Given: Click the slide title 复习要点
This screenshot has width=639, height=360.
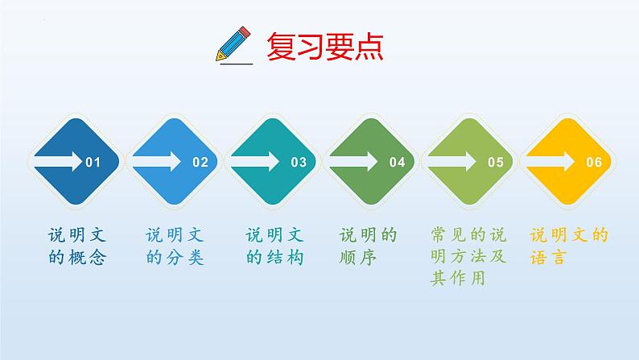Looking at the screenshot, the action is pos(325,46).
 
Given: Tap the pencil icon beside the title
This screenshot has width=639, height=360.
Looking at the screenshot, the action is pos(233,44).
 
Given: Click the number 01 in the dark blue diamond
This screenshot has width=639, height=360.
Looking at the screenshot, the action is pos(93,162).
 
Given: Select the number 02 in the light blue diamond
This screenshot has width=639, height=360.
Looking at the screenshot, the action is pos(200,162).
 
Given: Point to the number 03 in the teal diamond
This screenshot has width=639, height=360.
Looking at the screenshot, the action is pos(299,162).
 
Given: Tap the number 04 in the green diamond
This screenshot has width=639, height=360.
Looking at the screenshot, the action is pos(398,162).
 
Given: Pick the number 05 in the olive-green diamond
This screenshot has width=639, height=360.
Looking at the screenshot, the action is pos(496,162).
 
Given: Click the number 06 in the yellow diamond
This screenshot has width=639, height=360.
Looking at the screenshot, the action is pos(594,162).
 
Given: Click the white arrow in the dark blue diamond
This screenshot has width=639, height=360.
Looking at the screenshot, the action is pos(58,161).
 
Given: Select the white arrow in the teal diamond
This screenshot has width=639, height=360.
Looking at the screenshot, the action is pos(255,161).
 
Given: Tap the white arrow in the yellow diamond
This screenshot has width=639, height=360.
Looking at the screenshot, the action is pos(550,161).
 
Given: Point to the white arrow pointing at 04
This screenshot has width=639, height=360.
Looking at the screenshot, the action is pos(354,161).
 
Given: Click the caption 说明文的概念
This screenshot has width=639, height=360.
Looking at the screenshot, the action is pos(77,246).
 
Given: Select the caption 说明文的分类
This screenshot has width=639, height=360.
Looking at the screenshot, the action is pos(175,246).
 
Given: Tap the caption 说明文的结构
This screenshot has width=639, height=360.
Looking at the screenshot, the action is pos(274,246).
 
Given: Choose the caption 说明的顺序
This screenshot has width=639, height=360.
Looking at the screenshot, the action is pos(368,246).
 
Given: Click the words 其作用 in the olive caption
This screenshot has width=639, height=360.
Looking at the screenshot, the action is pos(458,279).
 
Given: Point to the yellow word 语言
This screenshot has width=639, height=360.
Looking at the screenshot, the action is pos(548,258).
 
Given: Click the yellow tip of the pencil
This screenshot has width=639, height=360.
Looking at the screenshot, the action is pos(221,56).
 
